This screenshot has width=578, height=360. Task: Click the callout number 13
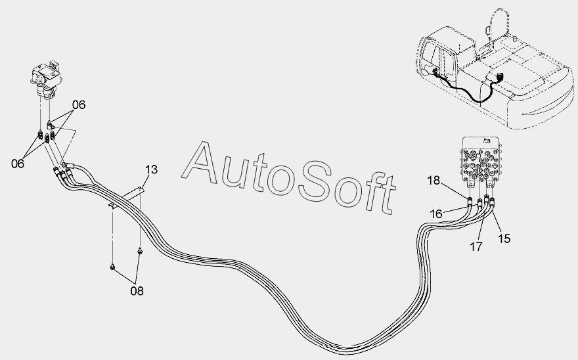point(150,170)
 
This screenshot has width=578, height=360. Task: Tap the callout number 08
point(137,289)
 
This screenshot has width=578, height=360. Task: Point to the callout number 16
point(437,214)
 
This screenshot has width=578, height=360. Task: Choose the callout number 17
point(476,247)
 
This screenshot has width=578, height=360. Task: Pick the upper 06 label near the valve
point(79,104)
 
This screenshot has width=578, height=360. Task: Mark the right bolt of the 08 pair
point(139,250)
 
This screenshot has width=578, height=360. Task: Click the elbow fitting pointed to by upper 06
point(51,123)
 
